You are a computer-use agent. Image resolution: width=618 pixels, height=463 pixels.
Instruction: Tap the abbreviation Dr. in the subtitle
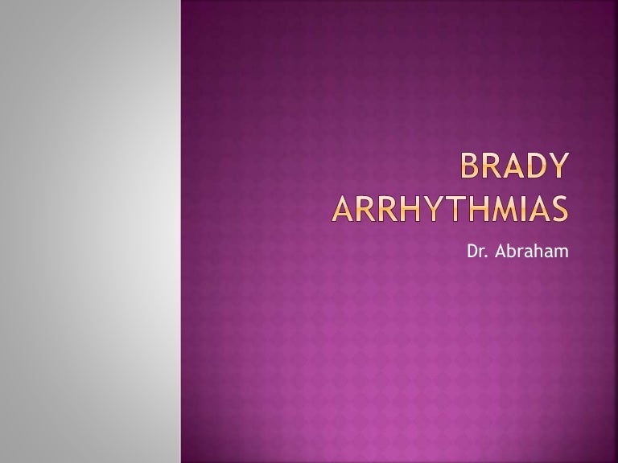pos(476,252)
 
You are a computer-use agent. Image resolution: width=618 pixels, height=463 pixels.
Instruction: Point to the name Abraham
pos(529,252)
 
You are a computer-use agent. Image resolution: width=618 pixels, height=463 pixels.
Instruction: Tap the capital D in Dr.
pos(472,252)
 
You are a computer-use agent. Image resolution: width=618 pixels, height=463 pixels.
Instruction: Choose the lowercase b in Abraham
pos(509,252)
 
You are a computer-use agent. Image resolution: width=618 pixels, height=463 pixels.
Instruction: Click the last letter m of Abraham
pos(561,253)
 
